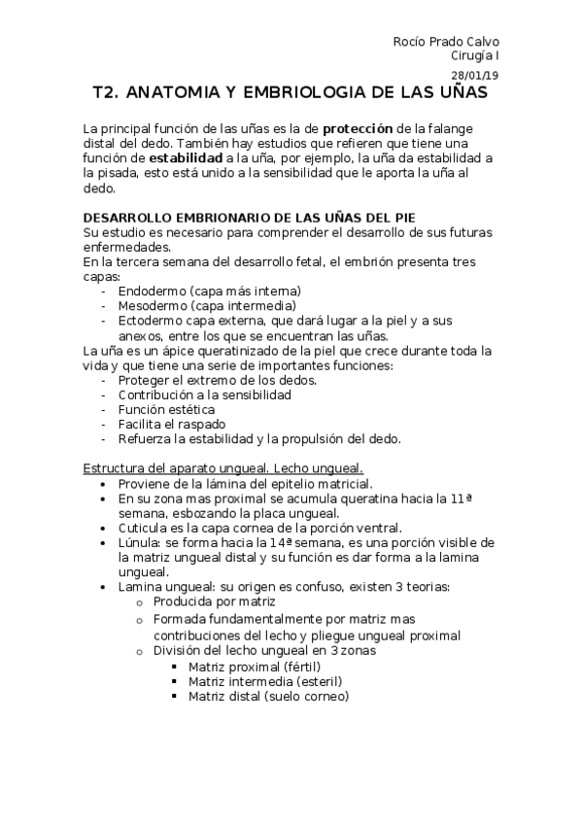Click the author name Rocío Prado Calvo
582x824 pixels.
point(446,42)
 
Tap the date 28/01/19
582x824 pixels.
point(476,75)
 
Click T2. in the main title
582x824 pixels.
point(104,93)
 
